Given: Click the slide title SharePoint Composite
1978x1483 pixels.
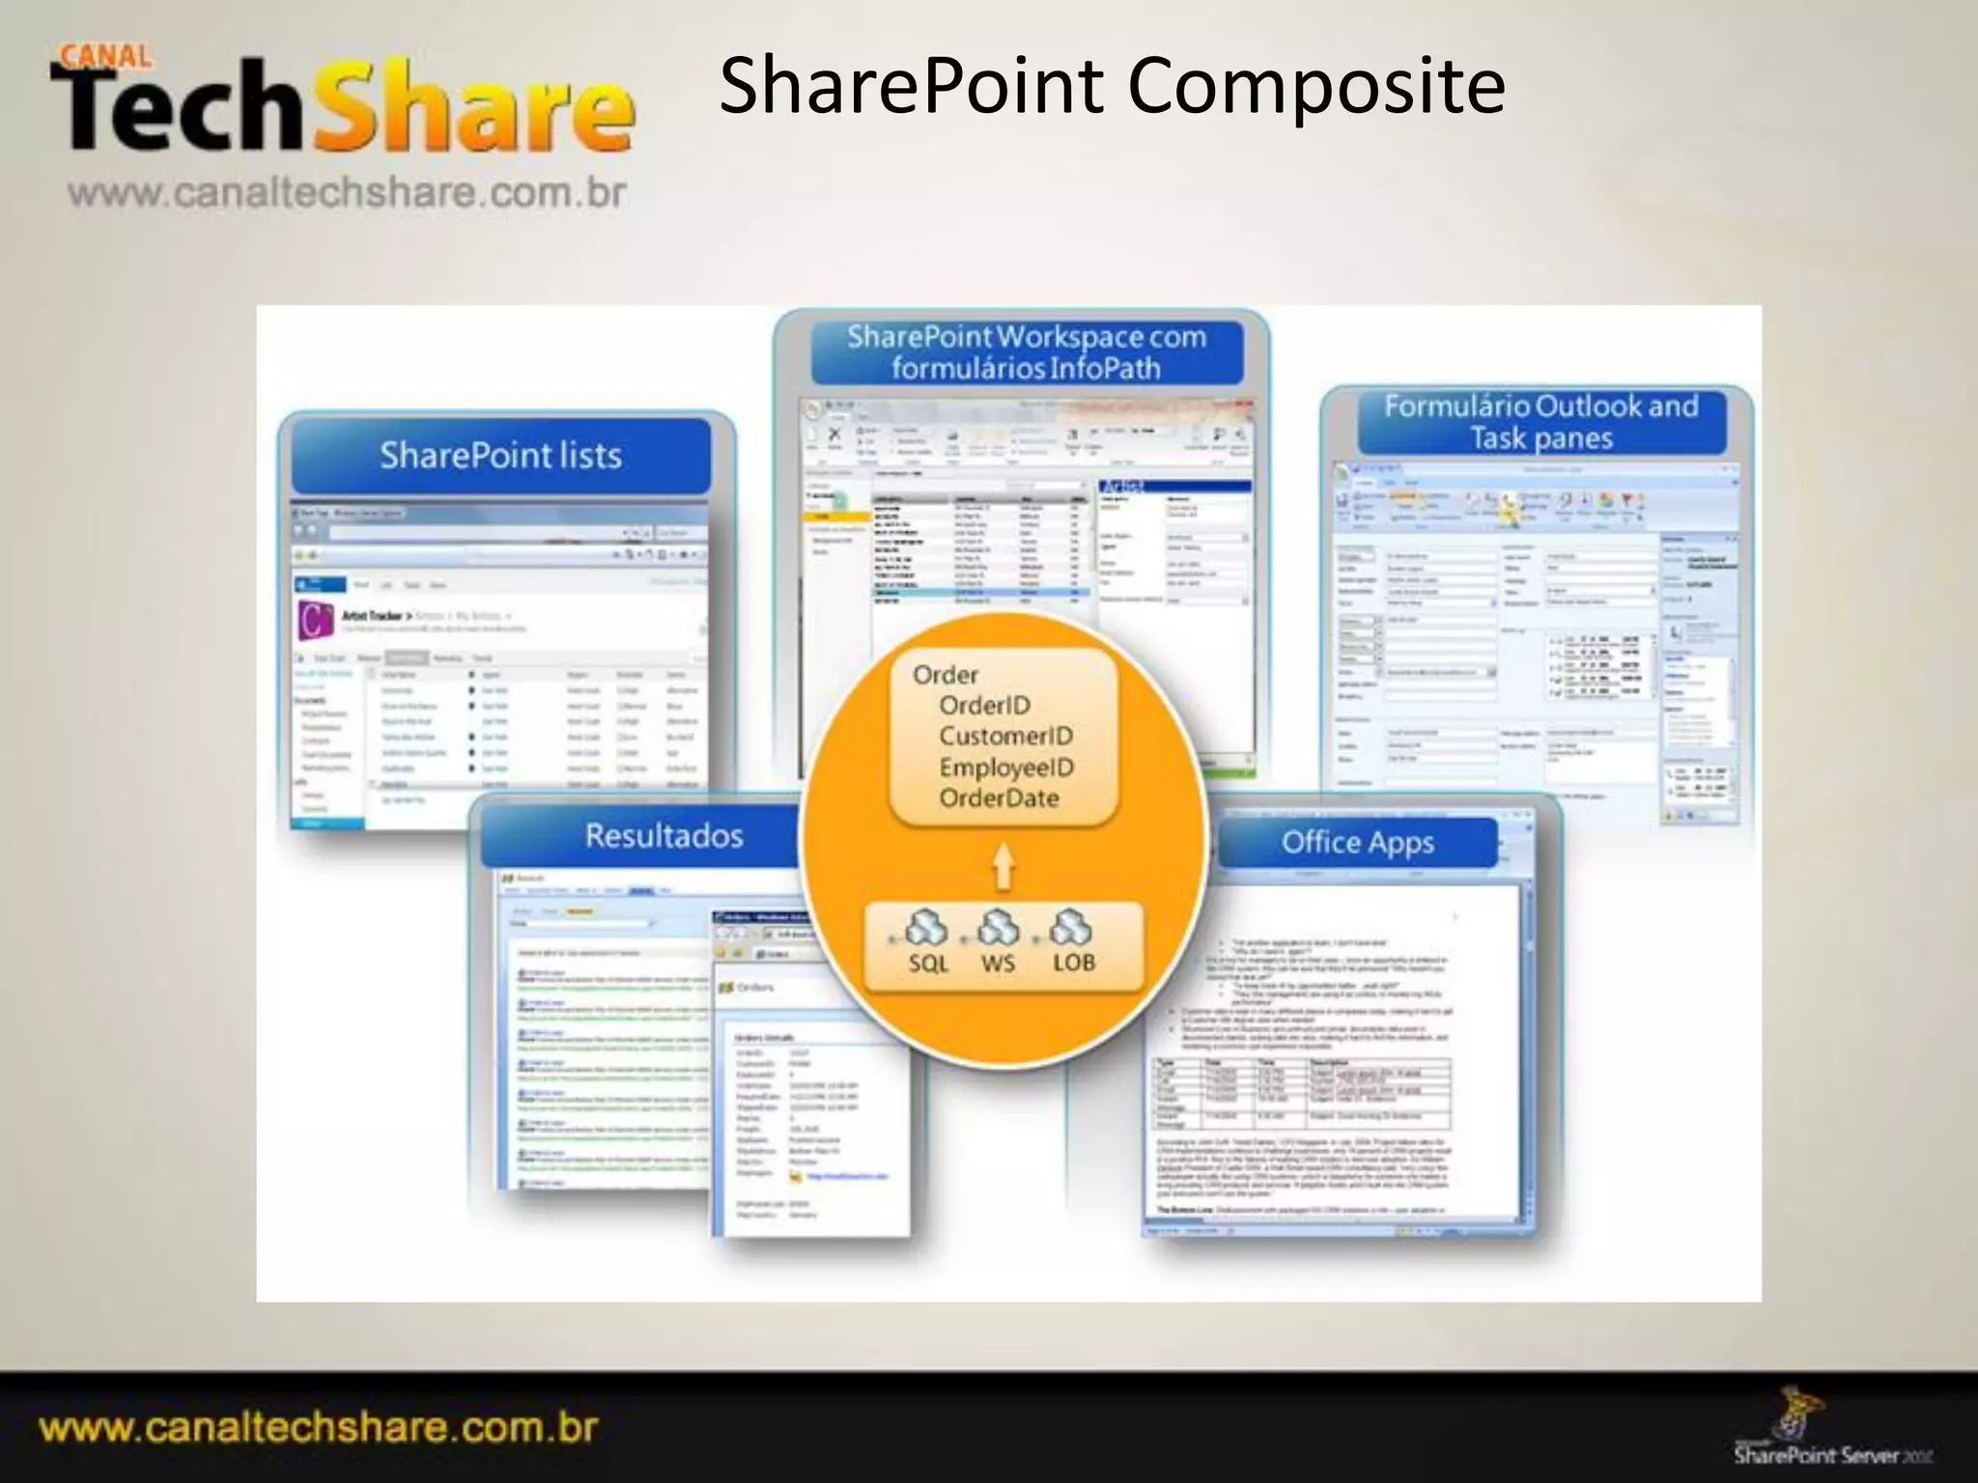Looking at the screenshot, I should pyautogui.click(x=1112, y=86).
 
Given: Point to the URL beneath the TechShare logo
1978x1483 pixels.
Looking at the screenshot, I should pyautogui.click(x=347, y=192).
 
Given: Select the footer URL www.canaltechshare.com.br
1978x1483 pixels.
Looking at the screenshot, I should pyautogui.click(x=319, y=1427).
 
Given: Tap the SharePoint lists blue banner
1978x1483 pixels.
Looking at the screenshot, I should pyautogui.click(x=500, y=455).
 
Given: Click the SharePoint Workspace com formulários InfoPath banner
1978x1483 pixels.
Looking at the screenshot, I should pyautogui.click(x=1026, y=352).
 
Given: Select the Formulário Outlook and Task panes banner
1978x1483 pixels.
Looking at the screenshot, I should pyautogui.click(x=1540, y=422).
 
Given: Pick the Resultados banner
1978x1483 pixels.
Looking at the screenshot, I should pyautogui.click(x=664, y=835).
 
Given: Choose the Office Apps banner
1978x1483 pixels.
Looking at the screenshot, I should pyautogui.click(x=1357, y=843).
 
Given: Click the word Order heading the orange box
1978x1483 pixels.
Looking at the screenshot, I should pyautogui.click(x=945, y=675).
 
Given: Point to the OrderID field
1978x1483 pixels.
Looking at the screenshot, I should pyautogui.click(x=984, y=706).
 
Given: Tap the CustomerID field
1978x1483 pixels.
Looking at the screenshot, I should pyautogui.click(x=1005, y=737).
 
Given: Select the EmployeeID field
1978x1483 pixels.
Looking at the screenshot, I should pyautogui.click(x=1005, y=768).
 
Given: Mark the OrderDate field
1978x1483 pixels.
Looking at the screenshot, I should pyautogui.click(x=999, y=798).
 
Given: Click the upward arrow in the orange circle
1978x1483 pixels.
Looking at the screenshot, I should pyautogui.click(x=1004, y=864).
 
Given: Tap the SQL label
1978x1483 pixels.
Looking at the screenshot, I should pyautogui.click(x=928, y=963).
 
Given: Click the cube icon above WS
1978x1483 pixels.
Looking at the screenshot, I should pyautogui.click(x=999, y=928).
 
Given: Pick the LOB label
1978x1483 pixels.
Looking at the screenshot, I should pyautogui.click(x=1073, y=963).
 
